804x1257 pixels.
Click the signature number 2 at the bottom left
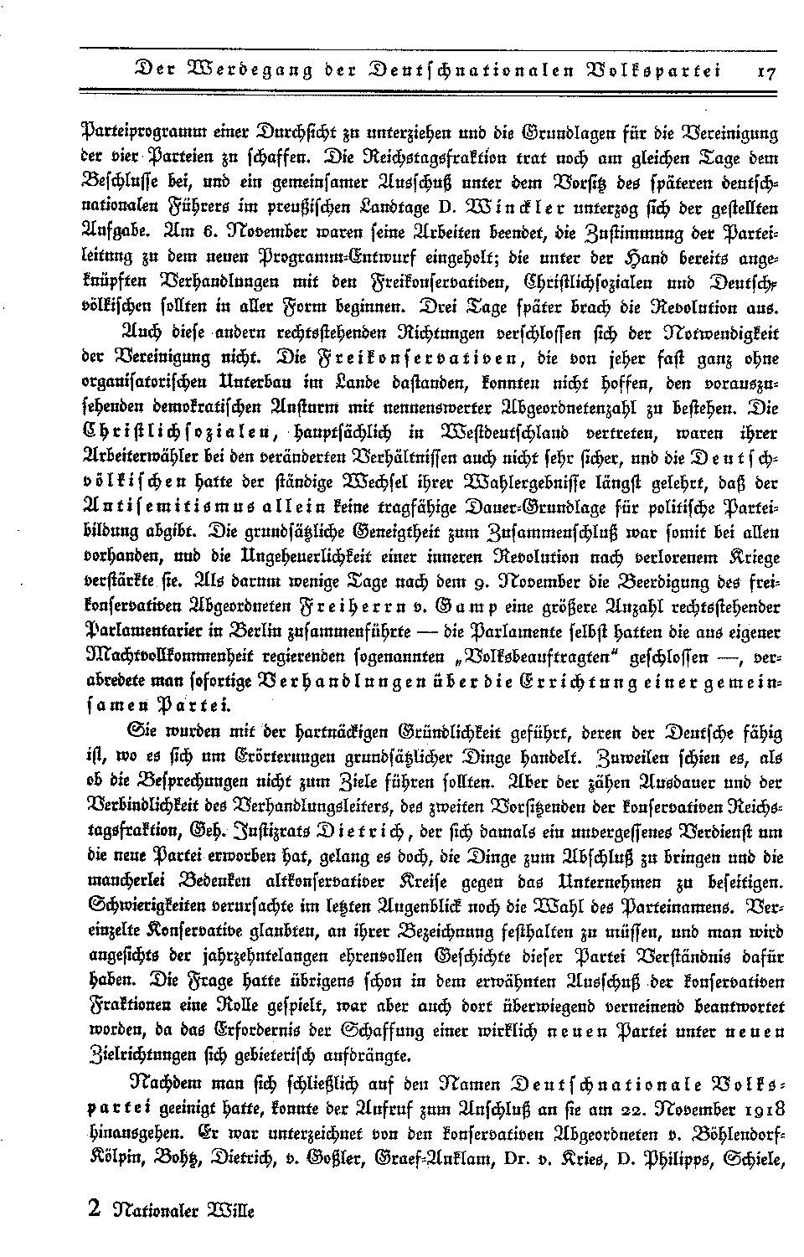(x=94, y=1208)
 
